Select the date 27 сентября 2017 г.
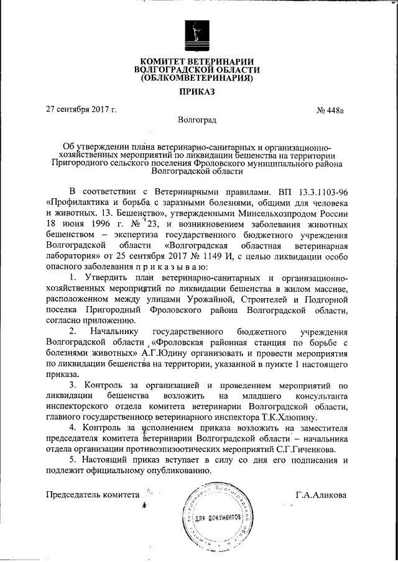[x=81, y=111]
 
